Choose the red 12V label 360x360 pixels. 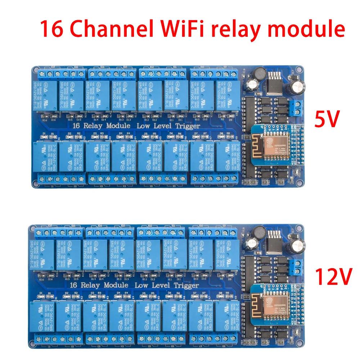click(333, 276)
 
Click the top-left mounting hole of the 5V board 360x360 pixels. click(36, 69)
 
